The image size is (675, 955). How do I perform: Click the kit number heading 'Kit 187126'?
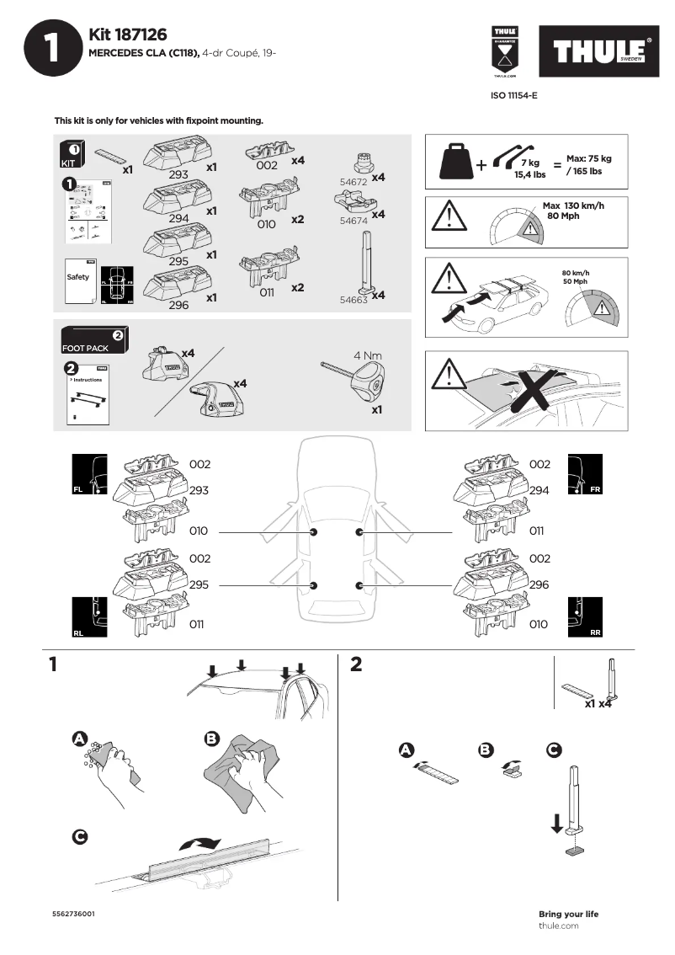[128, 35]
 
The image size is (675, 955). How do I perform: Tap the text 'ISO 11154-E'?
[513, 96]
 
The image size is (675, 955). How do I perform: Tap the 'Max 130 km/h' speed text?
[573, 206]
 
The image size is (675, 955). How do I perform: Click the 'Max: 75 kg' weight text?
[588, 158]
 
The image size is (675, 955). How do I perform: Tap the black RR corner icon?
[586, 617]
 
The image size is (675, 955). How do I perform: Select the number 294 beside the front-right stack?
[539, 490]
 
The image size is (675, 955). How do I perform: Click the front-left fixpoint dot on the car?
[313, 532]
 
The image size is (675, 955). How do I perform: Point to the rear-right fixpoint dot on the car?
[359, 585]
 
